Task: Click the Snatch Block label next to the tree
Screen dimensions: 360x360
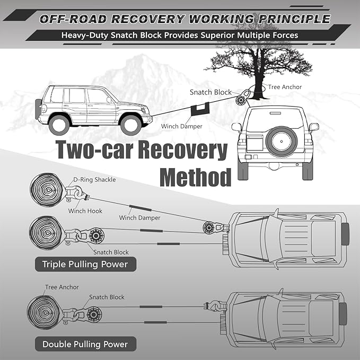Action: [x=210, y=92]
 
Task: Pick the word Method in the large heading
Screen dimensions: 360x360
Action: [x=196, y=177]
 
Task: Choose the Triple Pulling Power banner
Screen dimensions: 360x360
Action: [x=85, y=264]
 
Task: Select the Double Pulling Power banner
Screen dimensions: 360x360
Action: [x=85, y=344]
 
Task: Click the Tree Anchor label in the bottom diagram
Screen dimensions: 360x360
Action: [x=62, y=287]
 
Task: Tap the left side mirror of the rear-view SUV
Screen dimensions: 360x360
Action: [x=236, y=127]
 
